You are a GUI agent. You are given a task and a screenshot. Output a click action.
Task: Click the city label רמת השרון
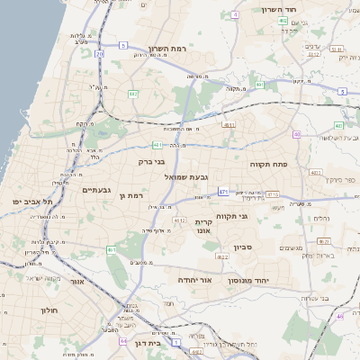[169, 47]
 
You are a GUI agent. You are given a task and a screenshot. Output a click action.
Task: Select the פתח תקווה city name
[268, 165]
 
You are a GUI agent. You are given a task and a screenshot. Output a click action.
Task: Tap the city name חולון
[49, 310]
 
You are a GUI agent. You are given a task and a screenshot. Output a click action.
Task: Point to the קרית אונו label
[202, 226]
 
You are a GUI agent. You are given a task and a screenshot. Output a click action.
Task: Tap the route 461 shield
[110, 250]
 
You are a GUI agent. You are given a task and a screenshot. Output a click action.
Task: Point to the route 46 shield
[339, 316]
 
